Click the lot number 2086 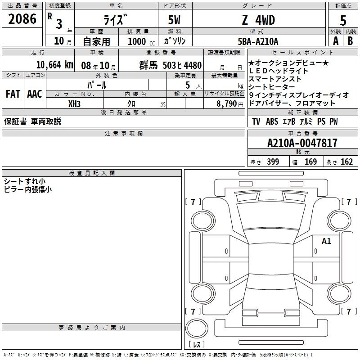tap(22, 19)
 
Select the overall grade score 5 tap(343, 21)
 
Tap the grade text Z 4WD tap(258, 20)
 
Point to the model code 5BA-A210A tap(258, 41)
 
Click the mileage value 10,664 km tap(54, 65)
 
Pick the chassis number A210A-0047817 tap(302, 143)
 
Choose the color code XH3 tap(74, 104)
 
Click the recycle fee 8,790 tap(226, 104)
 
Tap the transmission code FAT tap(13, 94)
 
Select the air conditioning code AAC tap(35, 94)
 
